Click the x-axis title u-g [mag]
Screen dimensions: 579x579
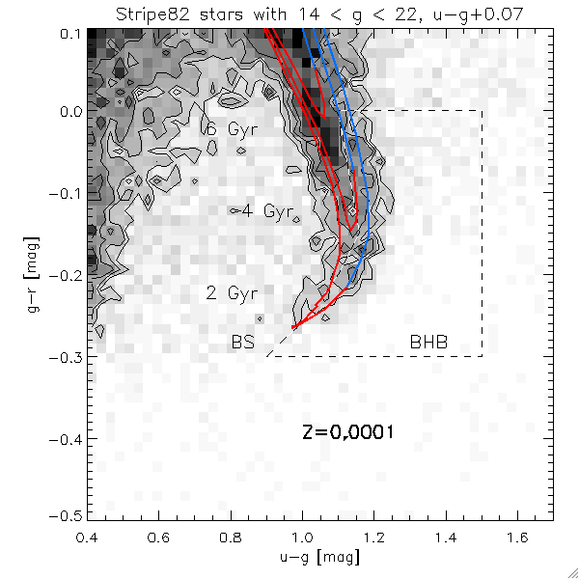pyautogui.click(x=320, y=559)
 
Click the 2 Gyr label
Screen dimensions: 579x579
pyautogui.click(x=225, y=292)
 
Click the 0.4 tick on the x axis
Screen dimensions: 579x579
pyautogui.click(x=89, y=533)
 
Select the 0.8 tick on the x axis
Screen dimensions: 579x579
pyautogui.click(x=232, y=533)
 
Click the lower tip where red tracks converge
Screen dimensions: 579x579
pyautogui.click(x=293, y=328)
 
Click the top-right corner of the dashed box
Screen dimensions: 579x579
pyautogui.click(x=482, y=111)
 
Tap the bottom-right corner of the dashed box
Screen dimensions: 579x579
pyautogui.click(x=482, y=356)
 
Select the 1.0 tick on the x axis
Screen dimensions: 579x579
pyautogui.click(x=303, y=533)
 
